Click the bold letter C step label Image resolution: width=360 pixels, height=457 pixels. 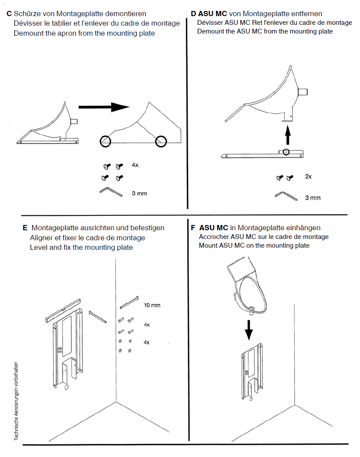click(9, 14)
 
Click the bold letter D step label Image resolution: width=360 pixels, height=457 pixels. click(193, 13)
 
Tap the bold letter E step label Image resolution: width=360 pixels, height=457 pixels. click(25, 228)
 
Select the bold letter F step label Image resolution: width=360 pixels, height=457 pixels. click(193, 228)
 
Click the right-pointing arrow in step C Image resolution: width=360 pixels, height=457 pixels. click(104, 107)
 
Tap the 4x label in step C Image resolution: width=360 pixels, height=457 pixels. click(135, 165)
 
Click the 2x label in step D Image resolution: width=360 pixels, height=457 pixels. click(309, 177)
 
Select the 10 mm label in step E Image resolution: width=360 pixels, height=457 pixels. click(152, 305)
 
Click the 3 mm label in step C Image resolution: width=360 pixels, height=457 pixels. click(139, 193)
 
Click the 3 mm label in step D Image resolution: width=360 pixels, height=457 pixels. click(313, 198)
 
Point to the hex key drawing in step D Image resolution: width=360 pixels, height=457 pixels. click(286, 196)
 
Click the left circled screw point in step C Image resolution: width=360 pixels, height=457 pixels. click(105, 141)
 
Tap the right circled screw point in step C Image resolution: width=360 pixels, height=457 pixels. click(161, 141)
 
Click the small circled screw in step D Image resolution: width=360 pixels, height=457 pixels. click(286, 152)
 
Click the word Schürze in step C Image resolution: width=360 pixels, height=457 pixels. click(27, 14)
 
